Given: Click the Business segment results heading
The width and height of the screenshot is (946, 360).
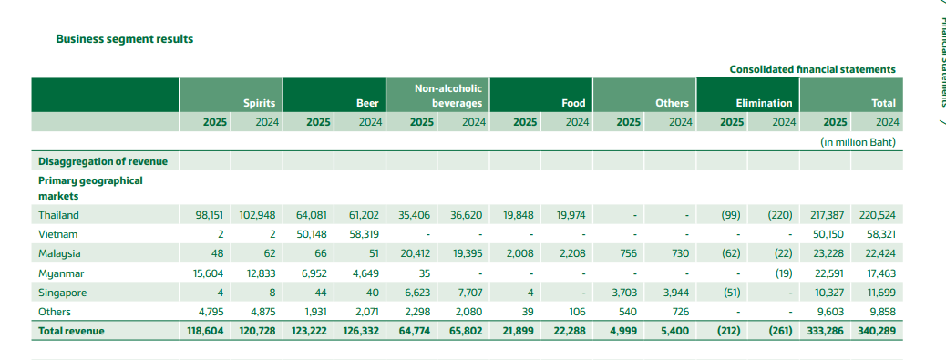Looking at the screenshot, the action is tap(124, 39).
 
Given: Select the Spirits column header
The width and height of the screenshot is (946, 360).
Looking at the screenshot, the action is tap(260, 103).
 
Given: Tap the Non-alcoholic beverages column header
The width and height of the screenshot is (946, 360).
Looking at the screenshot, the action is tap(457, 96).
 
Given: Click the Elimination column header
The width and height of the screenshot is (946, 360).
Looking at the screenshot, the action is tap(763, 103).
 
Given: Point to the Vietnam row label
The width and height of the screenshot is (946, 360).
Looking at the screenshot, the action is tap(58, 234).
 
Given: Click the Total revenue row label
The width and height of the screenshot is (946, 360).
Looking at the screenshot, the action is tap(71, 331).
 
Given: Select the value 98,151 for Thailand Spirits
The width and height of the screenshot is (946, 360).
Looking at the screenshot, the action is tap(210, 215).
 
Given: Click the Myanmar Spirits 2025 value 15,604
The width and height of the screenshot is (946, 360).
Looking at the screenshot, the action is tap(208, 273).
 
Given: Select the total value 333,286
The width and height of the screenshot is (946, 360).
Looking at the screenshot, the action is tap(824, 331).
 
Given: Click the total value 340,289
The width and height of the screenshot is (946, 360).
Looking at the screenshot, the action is tap(876, 331).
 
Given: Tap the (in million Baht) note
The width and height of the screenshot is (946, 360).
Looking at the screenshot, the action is tap(858, 142).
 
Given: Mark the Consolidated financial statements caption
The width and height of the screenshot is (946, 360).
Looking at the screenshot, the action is tap(813, 69).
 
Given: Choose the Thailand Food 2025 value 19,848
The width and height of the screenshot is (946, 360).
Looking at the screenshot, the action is tap(519, 215).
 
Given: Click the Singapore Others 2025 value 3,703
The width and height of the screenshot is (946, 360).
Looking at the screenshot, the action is tap(623, 293).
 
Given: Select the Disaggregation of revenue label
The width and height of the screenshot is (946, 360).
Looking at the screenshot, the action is tap(103, 161).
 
